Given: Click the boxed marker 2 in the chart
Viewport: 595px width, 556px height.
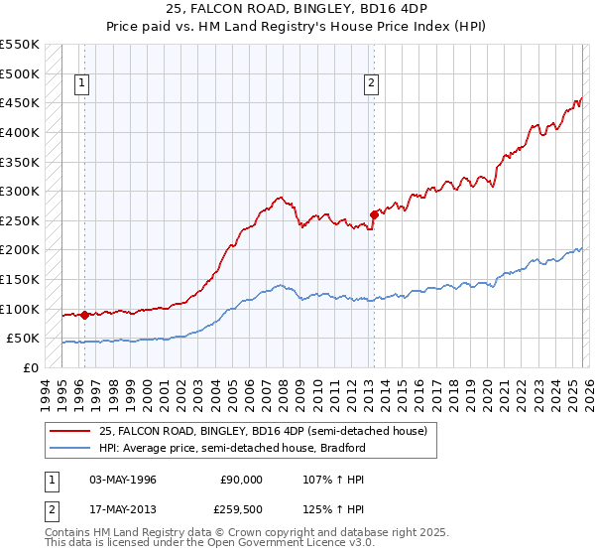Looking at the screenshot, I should [x=372, y=84].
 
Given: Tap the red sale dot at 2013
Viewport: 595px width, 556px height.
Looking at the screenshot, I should [x=374, y=214].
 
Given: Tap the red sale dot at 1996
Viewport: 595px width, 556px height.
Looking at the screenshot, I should [x=84, y=315].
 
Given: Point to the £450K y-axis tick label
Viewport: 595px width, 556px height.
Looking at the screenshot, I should [x=20, y=102].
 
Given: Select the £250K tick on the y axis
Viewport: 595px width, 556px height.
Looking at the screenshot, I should [x=20, y=220].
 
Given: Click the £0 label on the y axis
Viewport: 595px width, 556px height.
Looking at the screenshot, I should [x=31, y=367].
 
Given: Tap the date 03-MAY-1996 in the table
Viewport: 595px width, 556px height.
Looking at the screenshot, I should [x=123, y=480].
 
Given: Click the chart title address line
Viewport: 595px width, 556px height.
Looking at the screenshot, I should [x=297, y=10].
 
